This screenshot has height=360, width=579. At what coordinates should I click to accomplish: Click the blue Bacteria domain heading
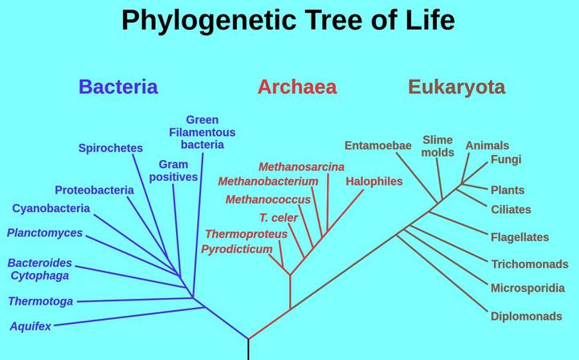118,87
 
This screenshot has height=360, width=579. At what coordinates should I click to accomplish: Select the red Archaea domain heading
297,87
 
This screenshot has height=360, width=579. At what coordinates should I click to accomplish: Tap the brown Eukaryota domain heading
457,88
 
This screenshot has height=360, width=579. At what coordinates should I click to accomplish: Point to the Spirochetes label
110,148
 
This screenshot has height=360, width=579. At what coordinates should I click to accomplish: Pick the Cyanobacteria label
51,208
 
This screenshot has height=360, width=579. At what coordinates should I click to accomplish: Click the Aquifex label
31,326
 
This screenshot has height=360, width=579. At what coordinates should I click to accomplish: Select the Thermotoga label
41,301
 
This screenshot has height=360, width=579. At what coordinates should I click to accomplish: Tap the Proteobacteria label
94,190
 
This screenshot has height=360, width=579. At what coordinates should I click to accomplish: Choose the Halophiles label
374,181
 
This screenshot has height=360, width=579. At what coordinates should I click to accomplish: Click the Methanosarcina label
301,166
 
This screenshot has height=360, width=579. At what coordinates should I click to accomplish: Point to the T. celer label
279,218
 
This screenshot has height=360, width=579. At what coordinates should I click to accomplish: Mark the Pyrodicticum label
237,249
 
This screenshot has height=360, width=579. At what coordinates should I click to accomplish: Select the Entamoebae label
377,145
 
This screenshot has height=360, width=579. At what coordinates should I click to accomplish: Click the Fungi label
506,159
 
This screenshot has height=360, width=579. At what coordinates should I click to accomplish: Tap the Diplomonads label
526,316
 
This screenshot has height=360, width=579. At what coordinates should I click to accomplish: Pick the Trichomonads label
529,264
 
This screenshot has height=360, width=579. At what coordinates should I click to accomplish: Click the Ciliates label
511,210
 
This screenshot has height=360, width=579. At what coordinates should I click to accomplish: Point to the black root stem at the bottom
248,350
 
